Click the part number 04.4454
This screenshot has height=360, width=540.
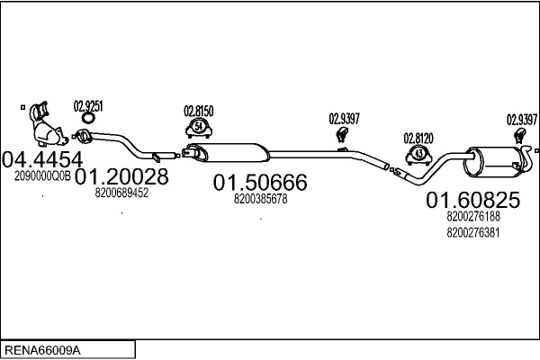(x=37, y=159)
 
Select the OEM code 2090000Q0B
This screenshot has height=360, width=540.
(x=42, y=177)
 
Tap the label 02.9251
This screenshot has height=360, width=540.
(x=88, y=105)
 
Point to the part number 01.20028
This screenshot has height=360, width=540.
(x=121, y=176)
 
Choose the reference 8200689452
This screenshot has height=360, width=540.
(x=121, y=193)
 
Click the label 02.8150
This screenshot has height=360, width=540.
(x=199, y=111)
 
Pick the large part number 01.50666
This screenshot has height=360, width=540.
(x=260, y=183)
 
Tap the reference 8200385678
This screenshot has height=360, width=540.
(x=260, y=199)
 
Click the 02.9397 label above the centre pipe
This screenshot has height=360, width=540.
(x=344, y=118)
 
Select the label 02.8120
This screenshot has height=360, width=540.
(x=418, y=138)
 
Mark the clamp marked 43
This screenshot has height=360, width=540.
(x=418, y=153)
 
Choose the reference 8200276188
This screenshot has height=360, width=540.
(x=473, y=216)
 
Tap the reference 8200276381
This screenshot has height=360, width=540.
(x=473, y=232)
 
